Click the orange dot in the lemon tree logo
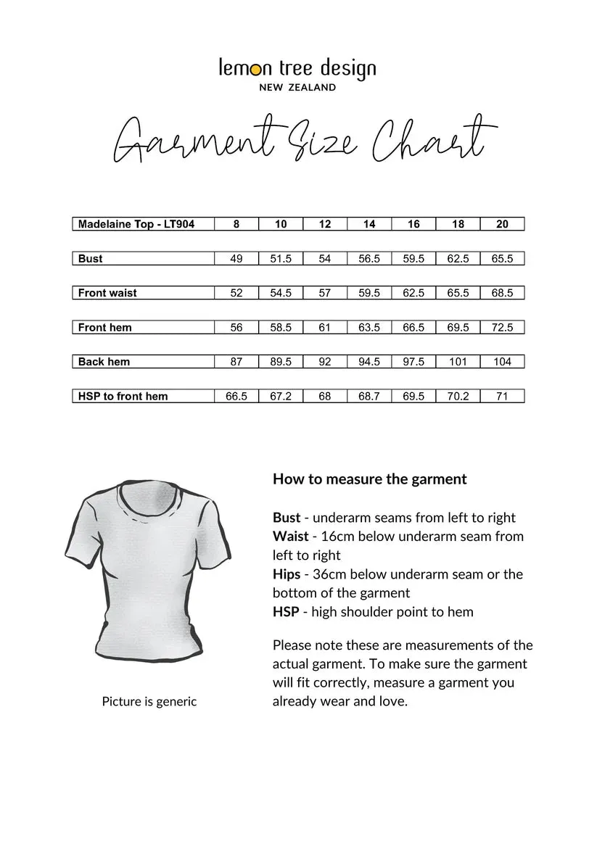(x=267, y=70)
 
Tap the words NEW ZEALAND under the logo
(x=297, y=88)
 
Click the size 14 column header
(x=369, y=224)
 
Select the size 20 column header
(x=502, y=224)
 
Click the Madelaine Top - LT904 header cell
(x=136, y=224)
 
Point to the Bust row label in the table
(x=91, y=259)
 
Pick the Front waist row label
(x=107, y=293)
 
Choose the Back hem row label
(x=104, y=362)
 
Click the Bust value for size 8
(x=236, y=259)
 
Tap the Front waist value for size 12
(x=325, y=293)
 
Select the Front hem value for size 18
(x=458, y=328)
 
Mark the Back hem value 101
(x=458, y=362)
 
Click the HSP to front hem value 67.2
(x=281, y=397)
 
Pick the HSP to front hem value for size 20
(x=502, y=397)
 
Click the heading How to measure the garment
(x=369, y=479)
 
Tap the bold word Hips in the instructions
(x=287, y=574)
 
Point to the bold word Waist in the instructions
(x=290, y=537)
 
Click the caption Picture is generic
(x=149, y=702)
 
